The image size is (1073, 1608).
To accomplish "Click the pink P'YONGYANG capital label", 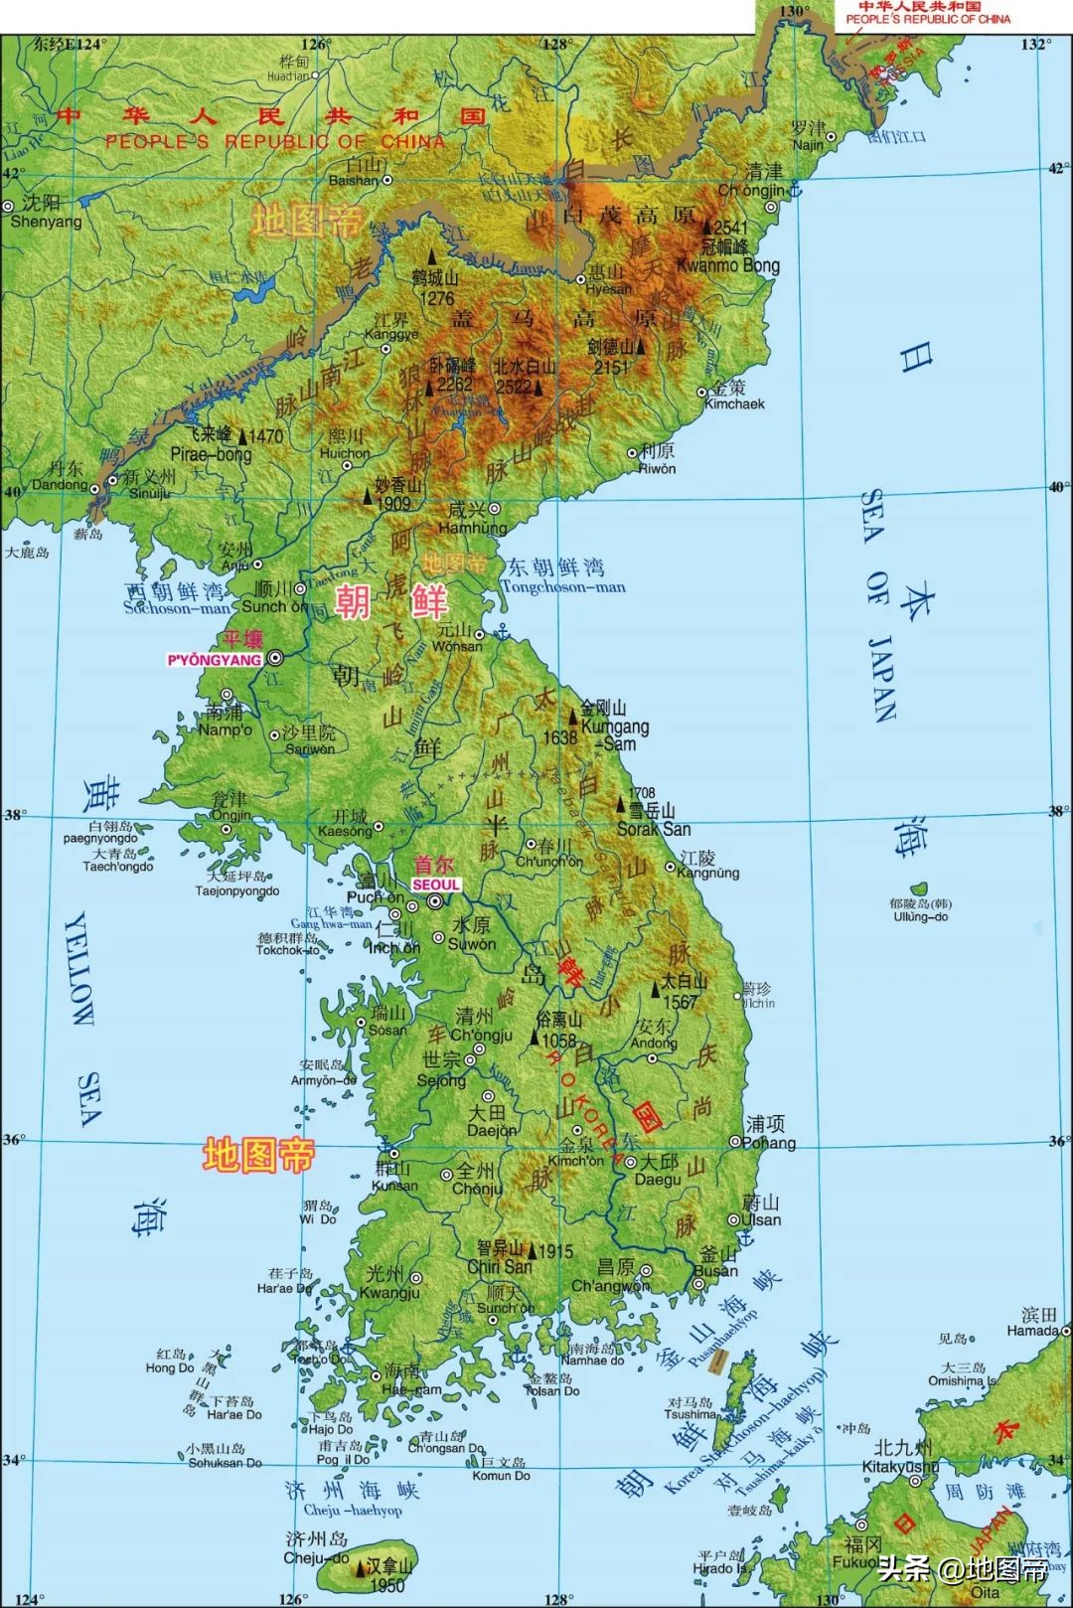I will (x=215, y=660).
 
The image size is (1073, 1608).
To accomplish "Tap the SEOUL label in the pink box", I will (x=436, y=884).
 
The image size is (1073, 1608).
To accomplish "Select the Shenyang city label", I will (x=45, y=221).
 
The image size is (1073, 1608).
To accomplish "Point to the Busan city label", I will (x=715, y=1270).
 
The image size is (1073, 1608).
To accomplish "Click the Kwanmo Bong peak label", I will (x=727, y=265).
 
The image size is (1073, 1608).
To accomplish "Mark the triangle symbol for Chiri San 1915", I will (x=533, y=1251).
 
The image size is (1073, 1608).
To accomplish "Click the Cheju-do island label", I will (x=315, y=1558).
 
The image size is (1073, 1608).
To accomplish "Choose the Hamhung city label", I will (x=473, y=528).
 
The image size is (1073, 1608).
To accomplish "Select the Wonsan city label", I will (x=458, y=646).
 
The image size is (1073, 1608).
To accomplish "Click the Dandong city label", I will (x=60, y=484).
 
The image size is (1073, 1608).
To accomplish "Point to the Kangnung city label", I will (x=708, y=873).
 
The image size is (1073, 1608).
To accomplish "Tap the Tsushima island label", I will (x=690, y=1414).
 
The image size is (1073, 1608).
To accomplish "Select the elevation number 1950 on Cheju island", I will (x=386, y=1586).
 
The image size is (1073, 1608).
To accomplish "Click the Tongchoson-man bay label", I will (x=563, y=586).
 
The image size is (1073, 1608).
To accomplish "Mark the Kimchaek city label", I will (x=734, y=403).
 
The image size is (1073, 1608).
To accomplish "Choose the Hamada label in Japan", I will (x=1032, y=1330).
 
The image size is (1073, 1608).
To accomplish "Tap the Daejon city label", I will (x=492, y=1130).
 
